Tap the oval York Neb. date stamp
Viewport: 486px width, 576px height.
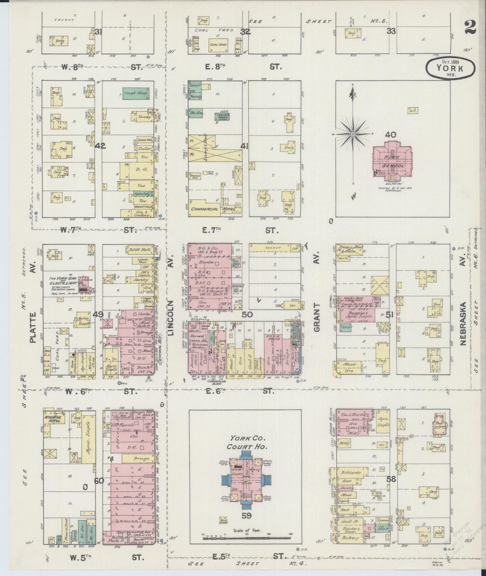(x=450, y=68)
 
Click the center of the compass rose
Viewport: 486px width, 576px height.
(x=353, y=134)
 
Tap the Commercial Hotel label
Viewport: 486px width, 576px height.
(x=209, y=209)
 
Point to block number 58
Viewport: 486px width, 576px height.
(x=391, y=479)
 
